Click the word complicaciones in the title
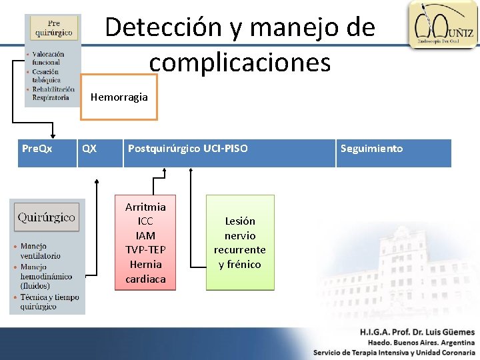tap(240, 63)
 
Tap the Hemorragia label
tap(119, 97)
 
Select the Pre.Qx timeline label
tap(37, 149)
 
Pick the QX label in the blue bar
tap(89, 149)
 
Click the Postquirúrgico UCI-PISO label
tap(187, 149)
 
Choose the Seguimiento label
tap(371, 149)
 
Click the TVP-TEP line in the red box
tap(145, 249)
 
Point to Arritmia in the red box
tap(145, 207)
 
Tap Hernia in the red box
tap(145, 264)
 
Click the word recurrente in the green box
tap(240, 250)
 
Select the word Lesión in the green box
tap(240, 221)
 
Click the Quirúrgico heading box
tap(46, 218)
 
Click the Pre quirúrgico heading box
tap(54, 29)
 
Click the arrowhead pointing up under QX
tap(97, 180)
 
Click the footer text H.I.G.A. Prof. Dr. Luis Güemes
tap(417, 331)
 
